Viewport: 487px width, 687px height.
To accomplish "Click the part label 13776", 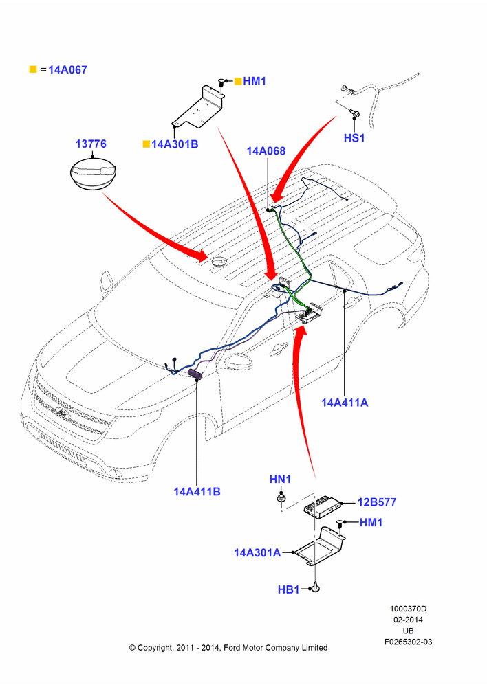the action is [91, 144].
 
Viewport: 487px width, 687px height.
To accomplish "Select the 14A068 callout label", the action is [266, 150].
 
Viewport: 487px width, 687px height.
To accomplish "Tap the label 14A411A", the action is [345, 403].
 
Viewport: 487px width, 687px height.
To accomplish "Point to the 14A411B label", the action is [197, 492].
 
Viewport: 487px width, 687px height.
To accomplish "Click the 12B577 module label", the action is [377, 502].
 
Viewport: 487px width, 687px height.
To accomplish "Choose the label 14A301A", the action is [257, 552].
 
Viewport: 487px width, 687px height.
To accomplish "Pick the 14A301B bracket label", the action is [175, 144].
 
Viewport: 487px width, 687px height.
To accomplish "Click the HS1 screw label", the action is [354, 137].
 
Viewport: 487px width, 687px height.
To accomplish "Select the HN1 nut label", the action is [280, 480].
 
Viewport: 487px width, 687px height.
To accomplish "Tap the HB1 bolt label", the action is [288, 589].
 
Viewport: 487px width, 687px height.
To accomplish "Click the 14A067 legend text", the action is [67, 69].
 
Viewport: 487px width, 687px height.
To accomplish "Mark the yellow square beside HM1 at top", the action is [238, 81].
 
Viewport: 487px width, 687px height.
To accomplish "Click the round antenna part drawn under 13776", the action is [93, 174].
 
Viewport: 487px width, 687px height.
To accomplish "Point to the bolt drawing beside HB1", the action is [316, 588].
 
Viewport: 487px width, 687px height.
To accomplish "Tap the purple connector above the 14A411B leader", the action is [195, 374].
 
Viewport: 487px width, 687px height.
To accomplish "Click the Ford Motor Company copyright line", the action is [228, 648].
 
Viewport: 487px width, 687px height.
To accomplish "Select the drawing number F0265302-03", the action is [408, 642].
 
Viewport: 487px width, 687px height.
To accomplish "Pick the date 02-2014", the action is [408, 620].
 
